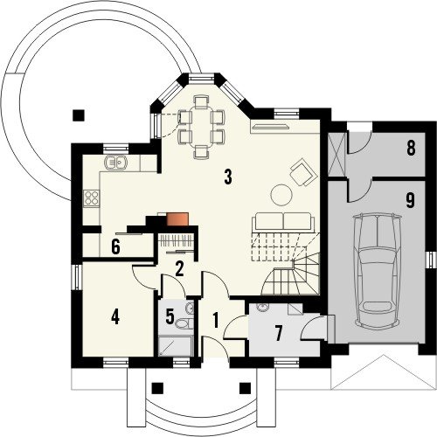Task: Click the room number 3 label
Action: [228, 177]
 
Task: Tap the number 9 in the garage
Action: [410, 201]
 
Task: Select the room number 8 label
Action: [411, 149]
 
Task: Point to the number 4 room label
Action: [115, 317]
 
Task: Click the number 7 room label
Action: [279, 333]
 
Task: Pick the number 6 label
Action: [115, 247]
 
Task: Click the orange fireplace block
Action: [177, 219]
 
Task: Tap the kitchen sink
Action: [115, 163]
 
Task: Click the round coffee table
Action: [281, 195]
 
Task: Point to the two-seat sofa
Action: [283, 222]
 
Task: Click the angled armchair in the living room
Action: [303, 171]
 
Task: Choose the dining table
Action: [201, 127]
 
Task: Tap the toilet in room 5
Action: [184, 323]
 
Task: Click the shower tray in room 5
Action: [176, 345]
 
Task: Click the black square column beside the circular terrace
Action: [79, 115]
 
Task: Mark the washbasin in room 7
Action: [262, 307]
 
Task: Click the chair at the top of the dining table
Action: [201, 103]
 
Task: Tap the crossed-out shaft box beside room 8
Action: [337, 154]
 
